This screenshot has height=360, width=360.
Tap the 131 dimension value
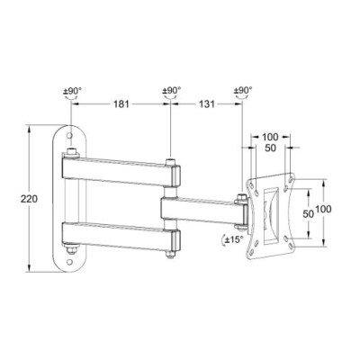click(208, 105)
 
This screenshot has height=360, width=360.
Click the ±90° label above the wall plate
click(72, 91)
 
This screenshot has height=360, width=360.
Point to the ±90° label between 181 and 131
click(171, 91)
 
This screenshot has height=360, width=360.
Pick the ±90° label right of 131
click(244, 91)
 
